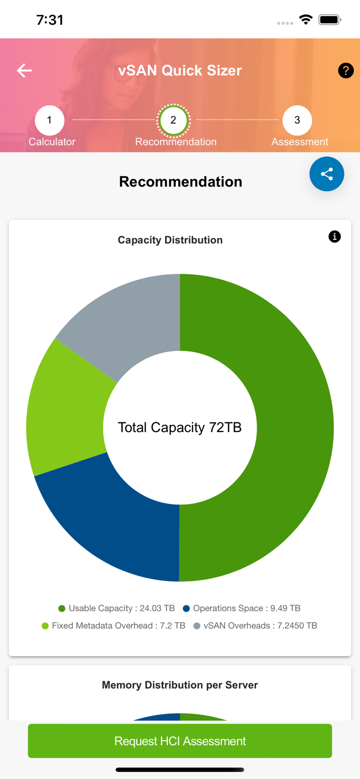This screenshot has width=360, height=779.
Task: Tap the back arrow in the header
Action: coord(24,71)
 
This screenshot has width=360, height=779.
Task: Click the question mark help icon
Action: coord(345,71)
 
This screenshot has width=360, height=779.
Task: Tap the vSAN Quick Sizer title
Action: coord(180,71)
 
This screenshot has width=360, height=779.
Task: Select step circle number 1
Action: coord(49,120)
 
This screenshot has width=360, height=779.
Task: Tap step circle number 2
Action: coord(174,120)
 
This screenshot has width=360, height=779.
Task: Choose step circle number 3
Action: coord(297,120)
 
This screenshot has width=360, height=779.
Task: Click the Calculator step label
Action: coord(52,142)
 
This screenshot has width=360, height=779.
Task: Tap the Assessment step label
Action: coord(300,142)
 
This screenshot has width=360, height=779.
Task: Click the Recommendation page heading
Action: coord(180,182)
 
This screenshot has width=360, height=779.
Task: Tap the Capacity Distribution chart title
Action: coord(170,240)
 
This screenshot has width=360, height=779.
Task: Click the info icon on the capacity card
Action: coord(335,237)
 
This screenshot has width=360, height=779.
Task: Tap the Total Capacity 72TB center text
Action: coord(180,427)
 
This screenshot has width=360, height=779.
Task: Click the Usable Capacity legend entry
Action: coord(117,608)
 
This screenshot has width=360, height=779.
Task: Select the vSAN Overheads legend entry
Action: coord(255,626)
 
